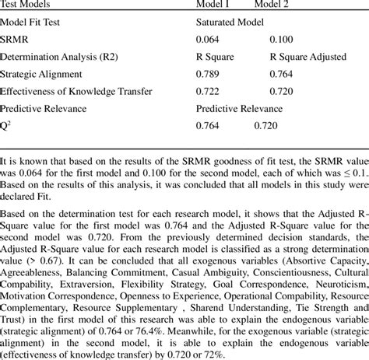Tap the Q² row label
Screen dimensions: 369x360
pos(6,126)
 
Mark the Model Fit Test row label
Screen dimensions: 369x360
pos(34,22)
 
